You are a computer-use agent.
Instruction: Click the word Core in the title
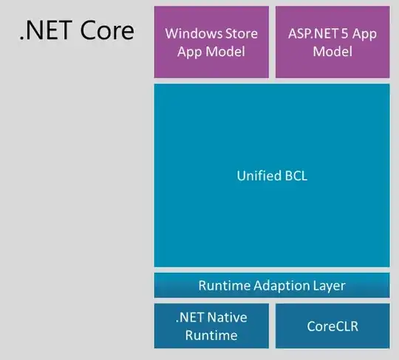coord(107,30)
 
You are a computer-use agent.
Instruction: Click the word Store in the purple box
coord(242,33)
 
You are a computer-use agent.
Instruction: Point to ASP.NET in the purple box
coord(313,33)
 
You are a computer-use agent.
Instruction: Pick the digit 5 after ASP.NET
coord(344,33)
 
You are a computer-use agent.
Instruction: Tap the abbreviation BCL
coord(296,176)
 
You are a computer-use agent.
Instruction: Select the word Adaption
coord(282,285)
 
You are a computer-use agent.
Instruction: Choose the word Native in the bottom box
coord(228,317)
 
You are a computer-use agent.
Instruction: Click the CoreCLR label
coord(332,326)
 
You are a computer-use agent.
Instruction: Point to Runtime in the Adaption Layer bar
coord(225,285)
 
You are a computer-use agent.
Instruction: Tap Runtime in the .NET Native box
coord(211,335)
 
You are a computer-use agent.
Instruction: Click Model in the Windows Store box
coord(225,52)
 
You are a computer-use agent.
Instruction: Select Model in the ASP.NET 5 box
coord(332,52)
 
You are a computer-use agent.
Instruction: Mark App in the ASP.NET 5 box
coord(364,34)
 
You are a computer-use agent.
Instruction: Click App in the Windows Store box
coord(190,52)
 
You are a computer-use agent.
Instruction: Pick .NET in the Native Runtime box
coord(190,317)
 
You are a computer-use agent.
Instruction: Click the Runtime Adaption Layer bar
coord(272,285)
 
